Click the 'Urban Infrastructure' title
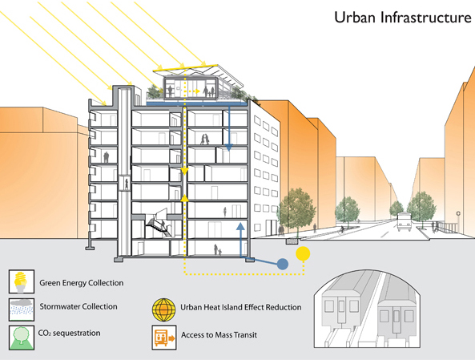point(403,18)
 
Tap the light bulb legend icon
point(22,281)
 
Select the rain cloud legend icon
point(22,309)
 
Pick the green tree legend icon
point(22,338)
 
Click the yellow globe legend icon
point(164,310)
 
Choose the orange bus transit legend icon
point(164,338)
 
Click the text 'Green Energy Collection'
point(82,283)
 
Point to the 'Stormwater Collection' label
point(78,306)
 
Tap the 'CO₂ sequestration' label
point(70,333)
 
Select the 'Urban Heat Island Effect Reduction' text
point(241,307)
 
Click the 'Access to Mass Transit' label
point(219,335)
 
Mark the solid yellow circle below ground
point(303,254)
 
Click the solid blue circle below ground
point(283,264)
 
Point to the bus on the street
point(405,222)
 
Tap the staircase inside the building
point(158,223)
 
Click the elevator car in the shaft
point(124,183)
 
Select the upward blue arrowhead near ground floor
point(240,226)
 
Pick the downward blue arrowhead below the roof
point(229,148)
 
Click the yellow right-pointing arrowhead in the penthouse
point(197,91)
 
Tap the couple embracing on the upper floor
point(205,140)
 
